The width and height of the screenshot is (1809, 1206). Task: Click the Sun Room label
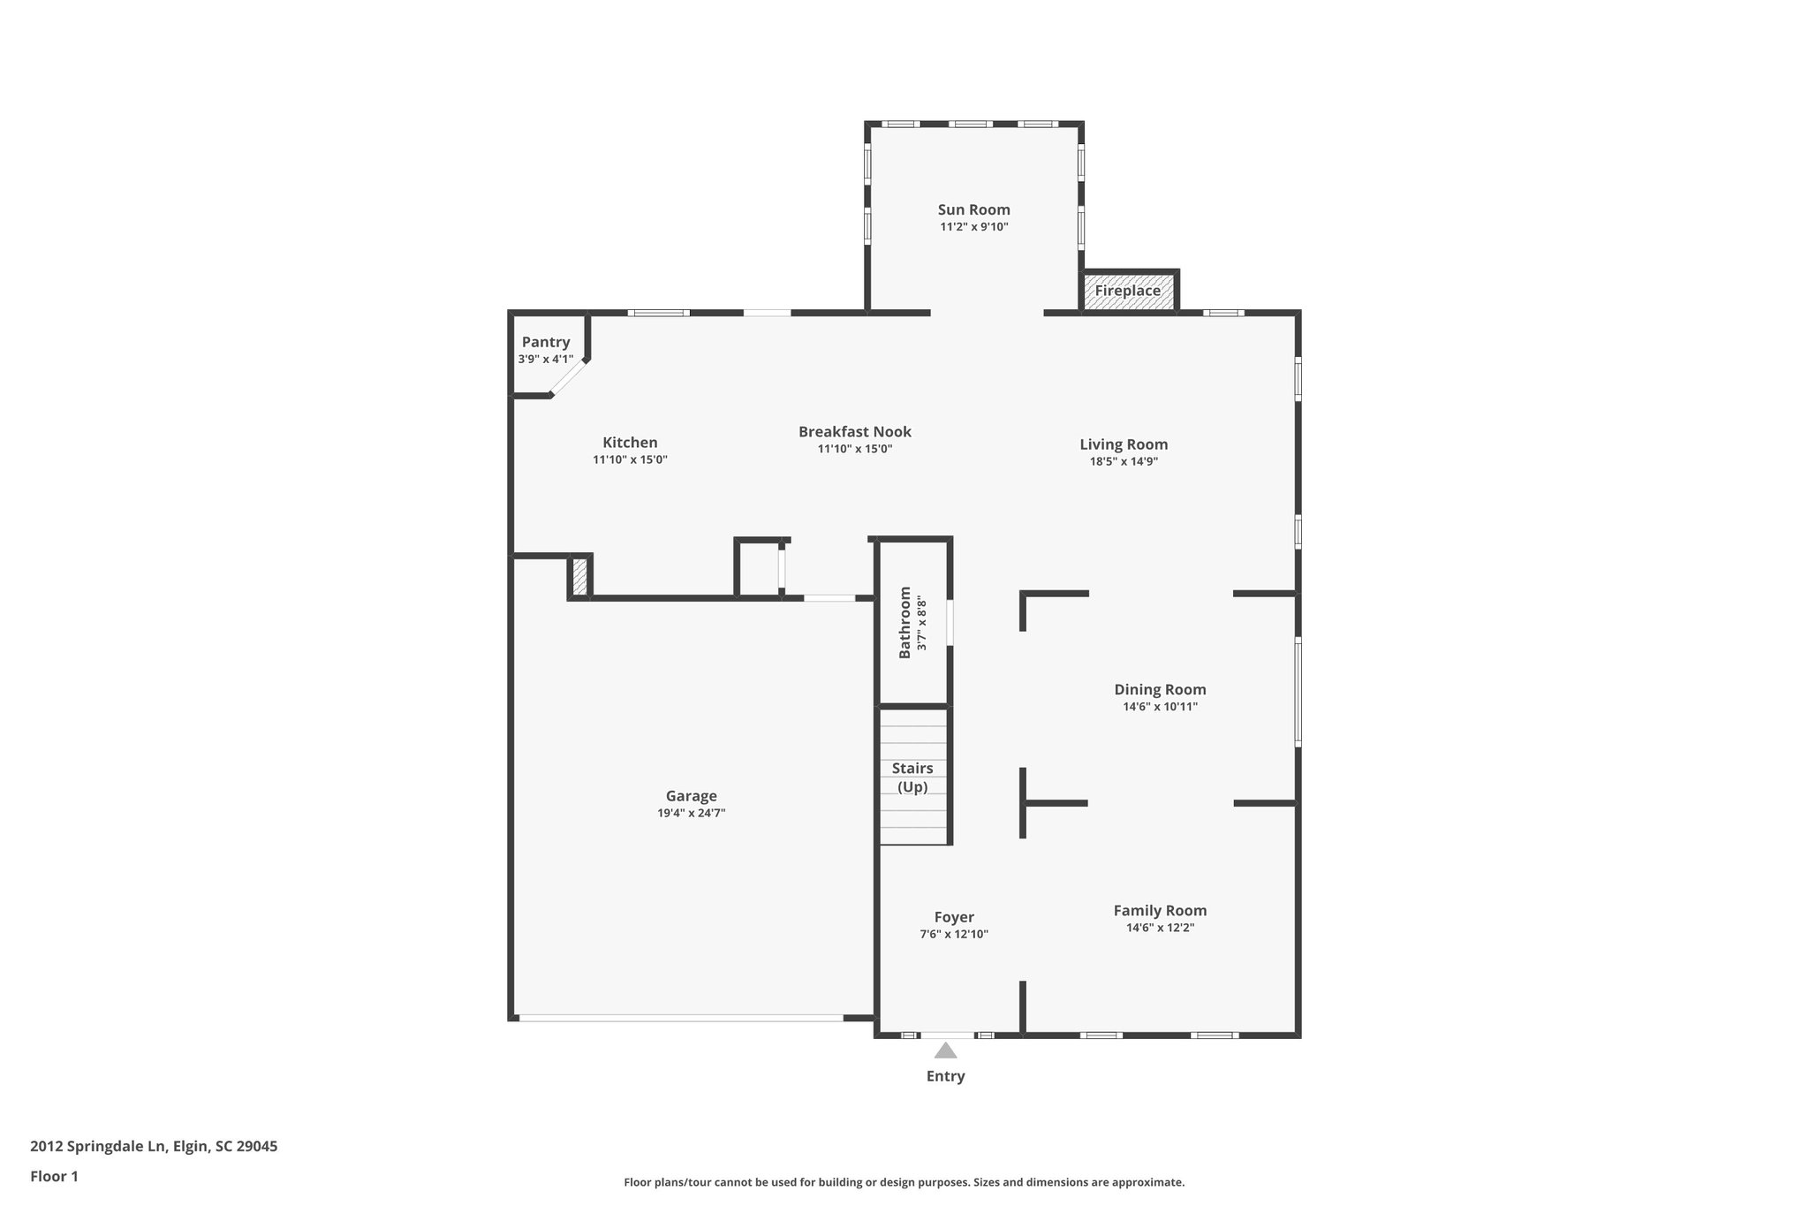click(973, 209)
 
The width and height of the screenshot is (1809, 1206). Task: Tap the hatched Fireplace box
click(1128, 291)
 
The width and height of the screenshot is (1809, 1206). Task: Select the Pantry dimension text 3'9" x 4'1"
click(545, 360)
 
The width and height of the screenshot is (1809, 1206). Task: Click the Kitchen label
click(630, 443)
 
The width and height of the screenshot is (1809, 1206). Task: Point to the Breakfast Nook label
click(854, 432)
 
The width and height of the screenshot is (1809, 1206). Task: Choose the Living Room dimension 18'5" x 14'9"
click(1124, 461)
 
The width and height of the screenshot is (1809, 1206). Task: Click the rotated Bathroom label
click(904, 622)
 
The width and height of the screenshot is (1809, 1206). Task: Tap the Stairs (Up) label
click(912, 777)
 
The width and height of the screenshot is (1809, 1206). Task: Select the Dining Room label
click(1160, 690)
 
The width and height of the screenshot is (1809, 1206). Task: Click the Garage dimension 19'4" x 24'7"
click(691, 813)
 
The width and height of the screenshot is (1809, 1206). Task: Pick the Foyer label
click(954, 918)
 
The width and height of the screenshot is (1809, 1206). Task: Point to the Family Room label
click(1160, 911)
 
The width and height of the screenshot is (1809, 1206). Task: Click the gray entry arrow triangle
click(945, 1051)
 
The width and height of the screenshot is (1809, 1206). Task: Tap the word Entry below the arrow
click(945, 1076)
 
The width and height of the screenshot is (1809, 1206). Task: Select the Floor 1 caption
click(54, 1177)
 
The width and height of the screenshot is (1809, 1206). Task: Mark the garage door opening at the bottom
click(680, 1018)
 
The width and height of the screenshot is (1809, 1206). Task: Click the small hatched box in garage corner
click(579, 576)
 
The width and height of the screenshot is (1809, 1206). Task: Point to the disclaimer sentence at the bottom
click(904, 1182)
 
